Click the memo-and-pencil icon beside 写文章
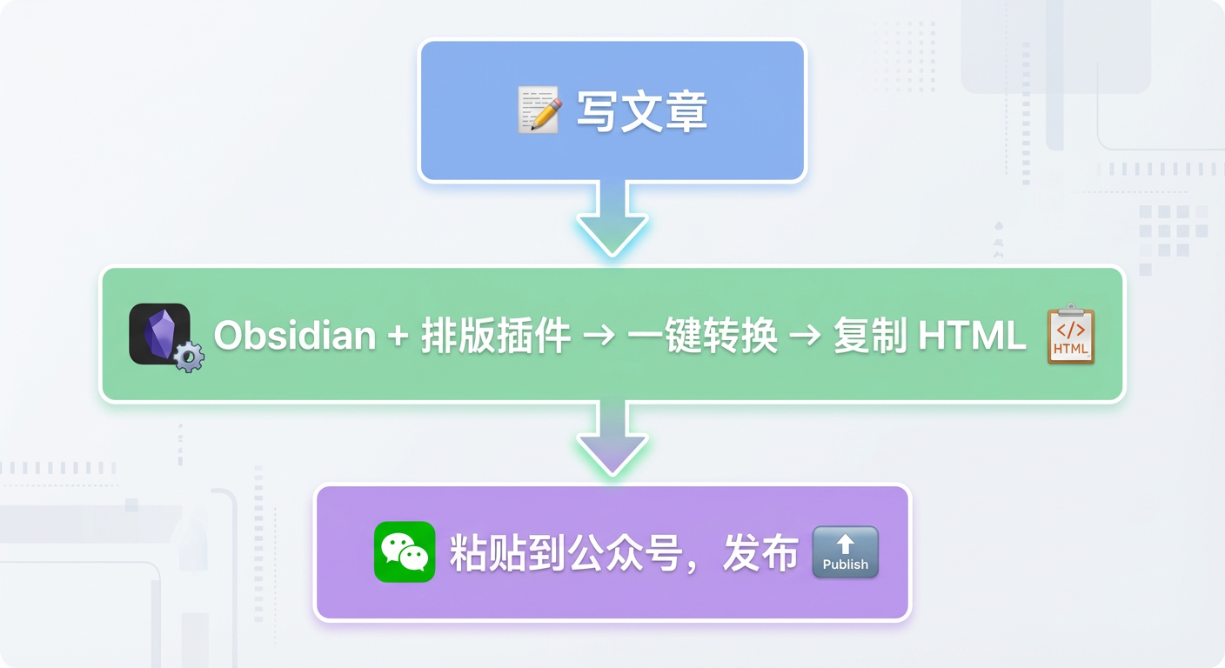click(539, 110)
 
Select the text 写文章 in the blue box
click(642, 112)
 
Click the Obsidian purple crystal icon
click(159, 333)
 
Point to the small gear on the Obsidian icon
click(189, 357)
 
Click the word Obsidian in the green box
click(294, 336)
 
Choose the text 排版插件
click(496, 336)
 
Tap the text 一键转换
click(701, 336)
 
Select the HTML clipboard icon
click(1070, 334)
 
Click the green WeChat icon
click(405, 551)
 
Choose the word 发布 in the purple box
click(760, 553)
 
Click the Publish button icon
click(845, 552)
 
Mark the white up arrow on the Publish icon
click(845, 544)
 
